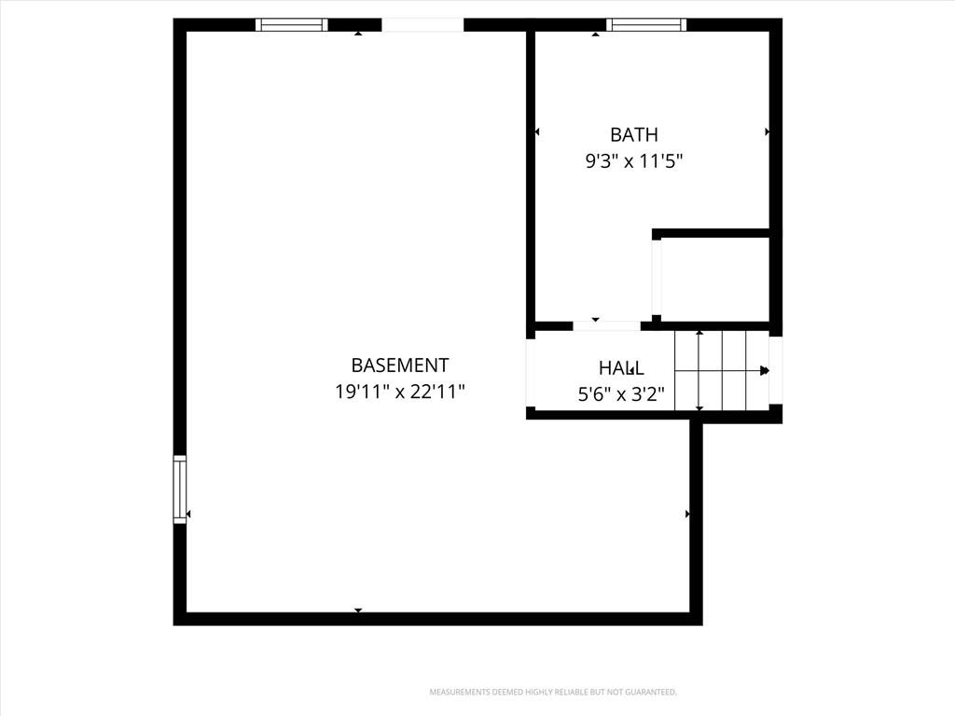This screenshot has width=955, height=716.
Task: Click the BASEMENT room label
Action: pos(399,365)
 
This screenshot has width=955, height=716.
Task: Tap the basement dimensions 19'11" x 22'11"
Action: pos(399,391)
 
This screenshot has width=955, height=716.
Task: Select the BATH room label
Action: pos(634,134)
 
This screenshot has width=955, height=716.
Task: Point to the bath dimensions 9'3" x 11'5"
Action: pos(634,161)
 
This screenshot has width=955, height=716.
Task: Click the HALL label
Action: pos(621,367)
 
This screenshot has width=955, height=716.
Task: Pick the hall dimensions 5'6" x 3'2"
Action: pos(621,394)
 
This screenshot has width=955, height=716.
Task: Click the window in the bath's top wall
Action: pos(646,24)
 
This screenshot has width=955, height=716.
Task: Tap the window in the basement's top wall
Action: pos(291,24)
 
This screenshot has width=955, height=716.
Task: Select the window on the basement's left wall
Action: pos(180,489)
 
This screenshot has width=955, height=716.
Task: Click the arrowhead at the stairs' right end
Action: pos(765,371)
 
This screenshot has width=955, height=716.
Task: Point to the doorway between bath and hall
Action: pos(606,325)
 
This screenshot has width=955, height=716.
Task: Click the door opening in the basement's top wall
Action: pos(422,24)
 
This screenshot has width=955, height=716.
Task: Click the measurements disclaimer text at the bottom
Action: pos(553,693)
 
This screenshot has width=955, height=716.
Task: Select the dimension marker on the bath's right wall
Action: pos(768,131)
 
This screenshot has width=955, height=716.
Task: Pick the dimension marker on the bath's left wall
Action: pos(536,131)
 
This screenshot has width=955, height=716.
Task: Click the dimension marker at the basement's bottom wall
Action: pos(358,610)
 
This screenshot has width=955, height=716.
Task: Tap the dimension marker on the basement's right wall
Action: pos(687,514)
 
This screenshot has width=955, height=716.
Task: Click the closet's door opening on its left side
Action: pos(656,278)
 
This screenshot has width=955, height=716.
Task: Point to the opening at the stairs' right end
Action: pos(775,370)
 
